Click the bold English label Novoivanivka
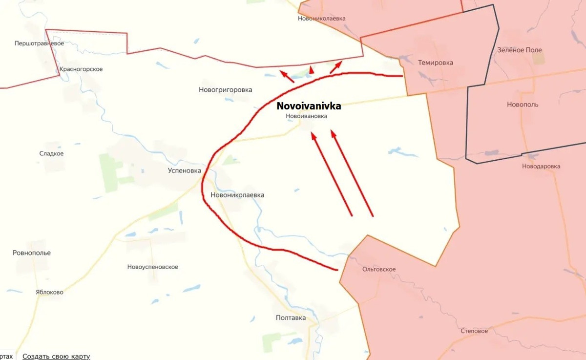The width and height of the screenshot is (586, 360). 309,106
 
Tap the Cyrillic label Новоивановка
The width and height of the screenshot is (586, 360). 306,116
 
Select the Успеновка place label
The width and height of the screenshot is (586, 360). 184,170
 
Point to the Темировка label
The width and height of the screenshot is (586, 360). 435,63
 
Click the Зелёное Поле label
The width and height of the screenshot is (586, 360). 519,50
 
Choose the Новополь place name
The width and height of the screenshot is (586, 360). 523,105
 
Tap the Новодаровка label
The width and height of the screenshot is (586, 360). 541,166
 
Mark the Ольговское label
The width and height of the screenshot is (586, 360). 379,269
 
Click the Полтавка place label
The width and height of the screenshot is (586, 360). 291,318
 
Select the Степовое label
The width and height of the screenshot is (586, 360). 474,331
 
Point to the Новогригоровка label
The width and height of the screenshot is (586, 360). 225,90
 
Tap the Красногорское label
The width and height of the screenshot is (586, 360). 81,69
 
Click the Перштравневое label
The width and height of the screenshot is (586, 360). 39,43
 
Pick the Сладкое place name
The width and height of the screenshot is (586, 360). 51,153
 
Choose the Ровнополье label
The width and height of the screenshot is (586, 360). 32,253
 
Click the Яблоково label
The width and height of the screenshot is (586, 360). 49,292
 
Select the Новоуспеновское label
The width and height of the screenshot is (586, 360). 152,267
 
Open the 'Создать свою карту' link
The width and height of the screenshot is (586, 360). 56,357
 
